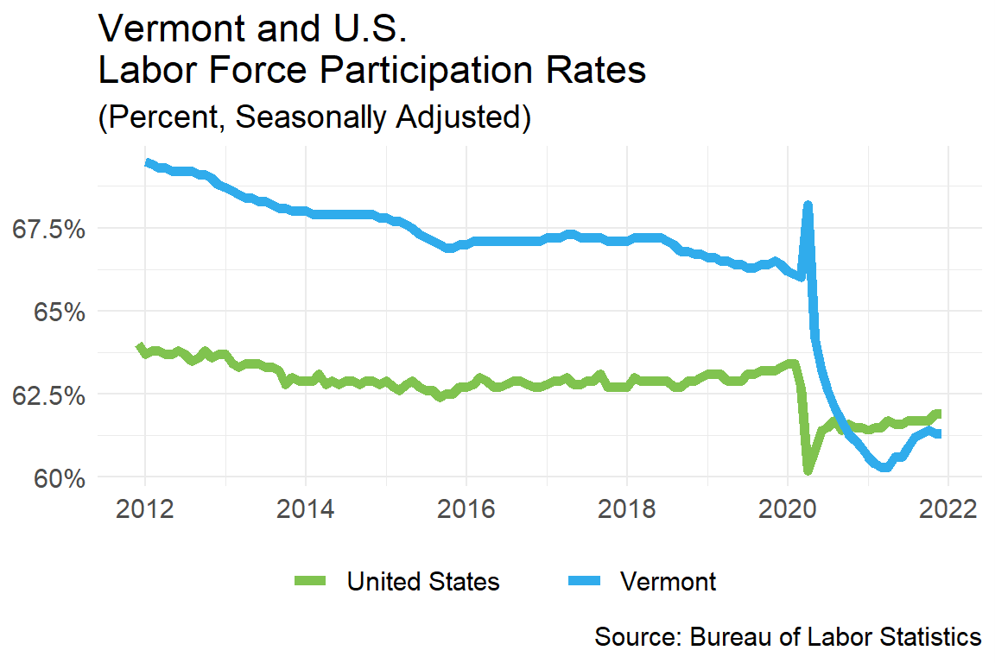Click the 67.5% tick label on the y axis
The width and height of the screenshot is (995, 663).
pyautogui.click(x=47, y=230)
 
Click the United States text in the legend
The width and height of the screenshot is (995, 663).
pyautogui.click(x=422, y=581)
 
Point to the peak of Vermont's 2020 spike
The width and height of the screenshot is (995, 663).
pyautogui.click(x=808, y=205)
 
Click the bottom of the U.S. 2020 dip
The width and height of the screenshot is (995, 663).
pyautogui.click(x=808, y=471)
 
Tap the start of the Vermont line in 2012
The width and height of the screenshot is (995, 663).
pyautogui.click(x=147, y=161)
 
